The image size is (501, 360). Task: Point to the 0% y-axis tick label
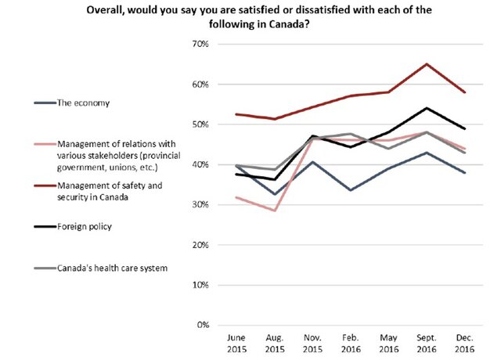(200, 325)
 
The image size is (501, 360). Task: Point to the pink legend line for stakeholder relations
(44, 144)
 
